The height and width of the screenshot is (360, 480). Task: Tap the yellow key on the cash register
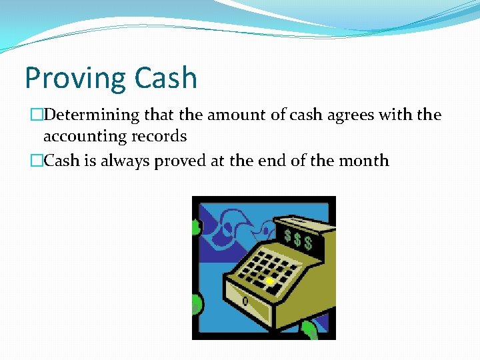point(269,281)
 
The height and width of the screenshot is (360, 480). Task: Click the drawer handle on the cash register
point(245,301)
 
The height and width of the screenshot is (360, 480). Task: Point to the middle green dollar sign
point(297,238)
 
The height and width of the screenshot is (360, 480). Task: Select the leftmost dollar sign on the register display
point(287,235)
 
